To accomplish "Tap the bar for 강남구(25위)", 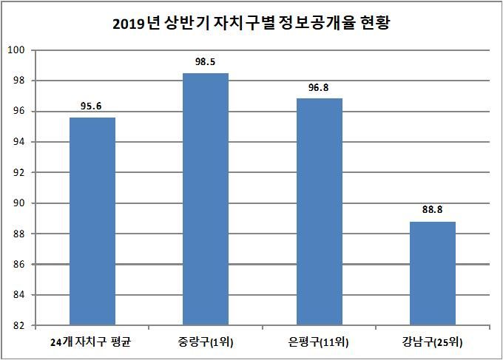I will click(x=433, y=274).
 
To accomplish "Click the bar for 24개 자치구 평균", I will click(x=92, y=221).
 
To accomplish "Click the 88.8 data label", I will click(x=433, y=210).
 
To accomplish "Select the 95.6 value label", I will click(x=92, y=106).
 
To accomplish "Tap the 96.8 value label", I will click(x=319, y=88).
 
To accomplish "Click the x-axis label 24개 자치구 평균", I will click(x=92, y=342).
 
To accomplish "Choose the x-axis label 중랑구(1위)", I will click(x=205, y=342).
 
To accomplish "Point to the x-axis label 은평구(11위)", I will click(x=319, y=342).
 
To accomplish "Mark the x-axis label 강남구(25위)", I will click(x=433, y=342).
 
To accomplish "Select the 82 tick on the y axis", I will click(x=19, y=326).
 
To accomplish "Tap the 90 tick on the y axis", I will click(x=19, y=203).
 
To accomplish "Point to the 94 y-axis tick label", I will click(x=19, y=142).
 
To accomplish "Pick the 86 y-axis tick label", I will click(x=19, y=265).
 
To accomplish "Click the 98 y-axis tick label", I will click(x=19, y=81).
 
